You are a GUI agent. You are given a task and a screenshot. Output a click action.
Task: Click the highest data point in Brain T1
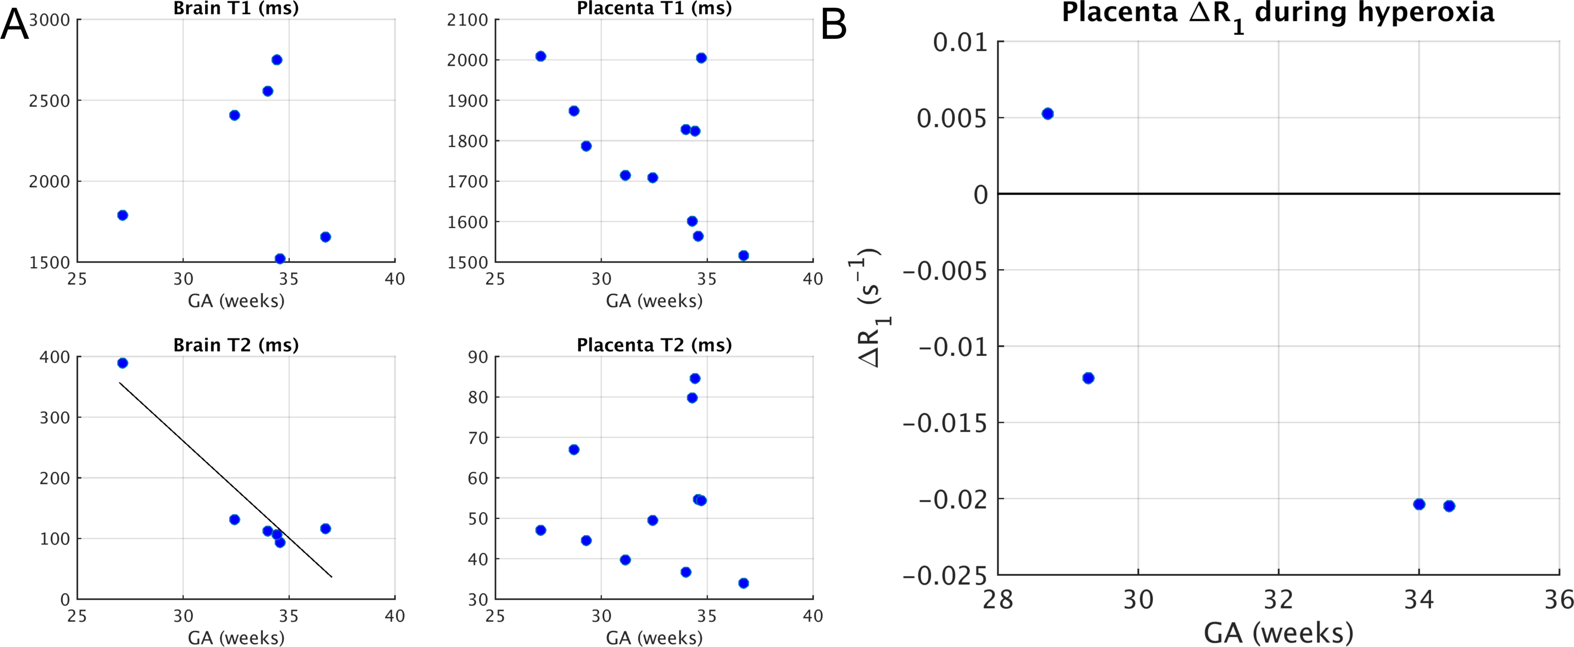click(277, 60)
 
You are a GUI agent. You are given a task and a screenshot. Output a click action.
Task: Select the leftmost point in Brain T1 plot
click(122, 215)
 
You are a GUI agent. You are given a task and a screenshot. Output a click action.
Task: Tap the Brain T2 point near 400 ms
click(122, 363)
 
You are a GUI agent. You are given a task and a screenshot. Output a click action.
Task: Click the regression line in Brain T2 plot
click(226, 479)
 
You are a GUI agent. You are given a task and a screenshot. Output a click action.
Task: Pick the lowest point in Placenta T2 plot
click(743, 583)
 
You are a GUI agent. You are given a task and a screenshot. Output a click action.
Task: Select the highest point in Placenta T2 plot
click(695, 379)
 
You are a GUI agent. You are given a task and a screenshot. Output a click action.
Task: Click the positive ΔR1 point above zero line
click(1047, 114)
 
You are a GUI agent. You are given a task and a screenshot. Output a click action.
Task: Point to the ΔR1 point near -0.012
click(1088, 378)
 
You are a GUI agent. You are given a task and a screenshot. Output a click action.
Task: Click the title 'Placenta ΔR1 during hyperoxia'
click(1278, 13)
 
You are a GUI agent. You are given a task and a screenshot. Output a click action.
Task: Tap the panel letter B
click(833, 26)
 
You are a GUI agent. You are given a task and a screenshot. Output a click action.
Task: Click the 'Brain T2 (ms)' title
click(236, 345)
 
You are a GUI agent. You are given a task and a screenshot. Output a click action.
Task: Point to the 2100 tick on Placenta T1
click(467, 20)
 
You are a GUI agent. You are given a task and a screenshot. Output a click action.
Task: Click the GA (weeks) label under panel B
click(1278, 633)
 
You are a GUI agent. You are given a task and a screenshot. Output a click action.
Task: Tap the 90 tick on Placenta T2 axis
click(478, 357)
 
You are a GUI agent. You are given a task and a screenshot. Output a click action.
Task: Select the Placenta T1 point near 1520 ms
click(743, 255)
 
